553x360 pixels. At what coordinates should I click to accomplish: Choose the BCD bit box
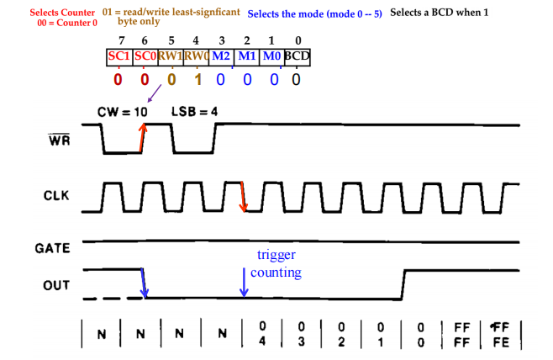pyautogui.click(x=297, y=56)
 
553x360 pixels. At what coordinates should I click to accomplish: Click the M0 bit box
pyautogui.click(x=271, y=56)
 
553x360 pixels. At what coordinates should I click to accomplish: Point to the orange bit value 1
pyautogui.click(x=196, y=80)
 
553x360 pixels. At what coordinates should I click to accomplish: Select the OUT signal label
pyautogui.click(x=56, y=285)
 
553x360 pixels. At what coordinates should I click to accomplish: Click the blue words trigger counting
pyautogui.click(x=279, y=262)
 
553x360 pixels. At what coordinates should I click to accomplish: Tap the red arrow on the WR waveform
pyautogui.click(x=142, y=139)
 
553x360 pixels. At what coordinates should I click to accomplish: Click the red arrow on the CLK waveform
pyautogui.click(x=242, y=196)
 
